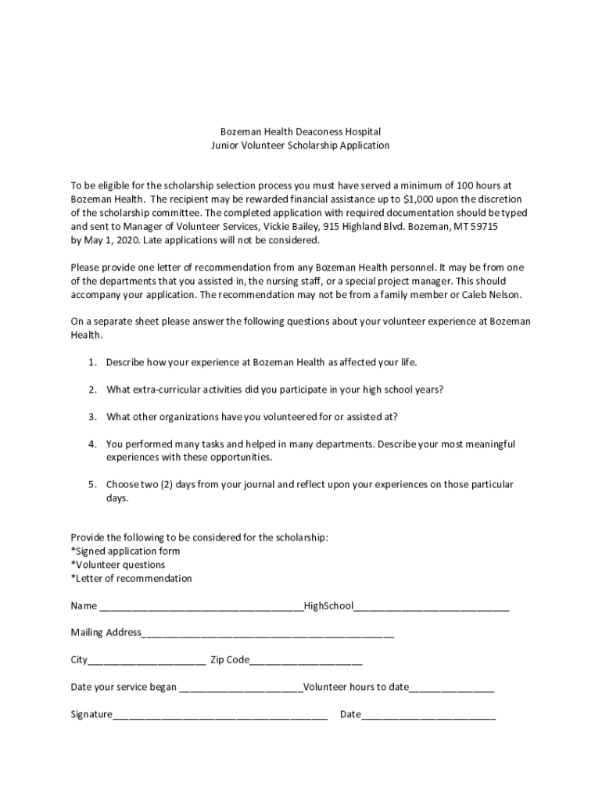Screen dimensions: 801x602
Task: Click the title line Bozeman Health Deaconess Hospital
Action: (300, 132)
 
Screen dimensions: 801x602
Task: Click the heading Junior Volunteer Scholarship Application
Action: (300, 145)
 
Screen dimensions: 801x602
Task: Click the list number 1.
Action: (91, 362)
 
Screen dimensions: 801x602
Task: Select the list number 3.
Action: (91, 416)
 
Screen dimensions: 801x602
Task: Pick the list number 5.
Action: (91, 484)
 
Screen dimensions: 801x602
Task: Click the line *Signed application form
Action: (125, 551)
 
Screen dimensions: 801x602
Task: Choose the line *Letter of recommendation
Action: (131, 579)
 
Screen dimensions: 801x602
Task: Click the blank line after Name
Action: (201, 607)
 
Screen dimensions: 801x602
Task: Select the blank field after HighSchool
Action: (431, 607)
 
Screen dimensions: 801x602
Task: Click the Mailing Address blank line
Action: (267, 634)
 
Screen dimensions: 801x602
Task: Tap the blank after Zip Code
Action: (306, 661)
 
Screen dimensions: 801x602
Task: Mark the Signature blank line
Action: (220, 715)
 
